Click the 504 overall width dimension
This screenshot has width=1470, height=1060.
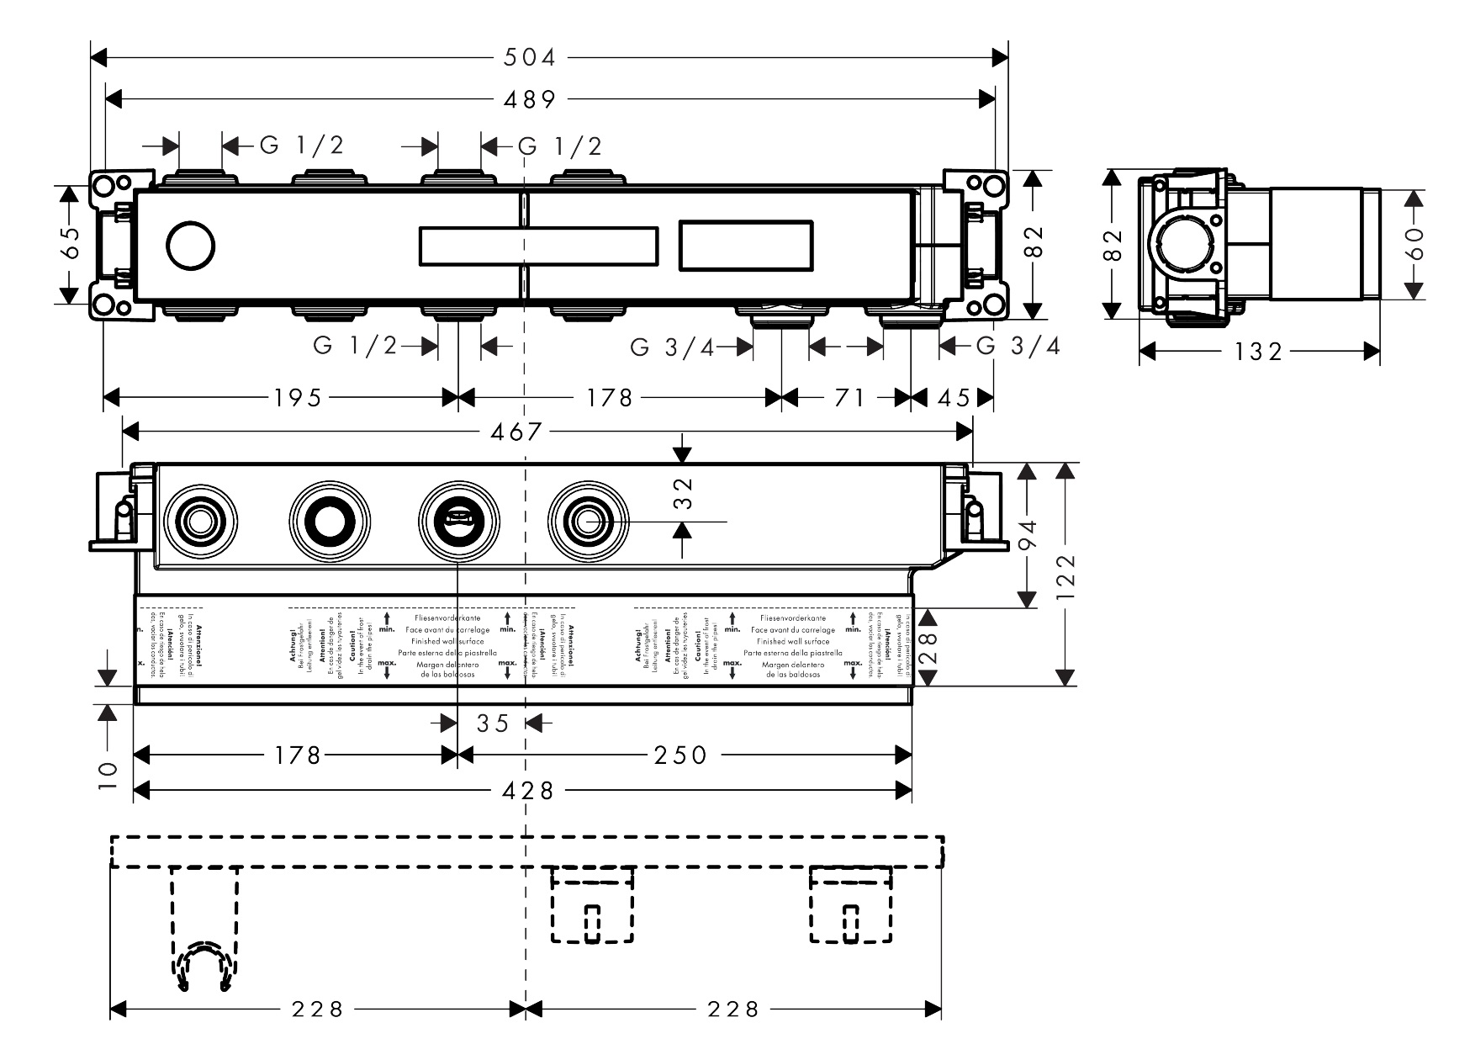point(530,57)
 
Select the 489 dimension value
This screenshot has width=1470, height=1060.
point(530,99)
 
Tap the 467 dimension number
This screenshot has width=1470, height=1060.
point(516,432)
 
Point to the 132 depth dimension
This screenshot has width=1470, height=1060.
point(1258,351)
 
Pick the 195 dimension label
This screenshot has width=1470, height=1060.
point(298,397)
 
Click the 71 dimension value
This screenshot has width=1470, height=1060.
point(849,397)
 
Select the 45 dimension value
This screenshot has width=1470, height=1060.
point(954,397)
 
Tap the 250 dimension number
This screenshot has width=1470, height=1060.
point(680,755)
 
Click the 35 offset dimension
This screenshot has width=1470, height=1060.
point(493,723)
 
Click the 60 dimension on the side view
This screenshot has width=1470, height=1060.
point(1414,244)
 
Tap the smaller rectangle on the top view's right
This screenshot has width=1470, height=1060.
point(746,246)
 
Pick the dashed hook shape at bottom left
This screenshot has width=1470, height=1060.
point(203,967)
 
